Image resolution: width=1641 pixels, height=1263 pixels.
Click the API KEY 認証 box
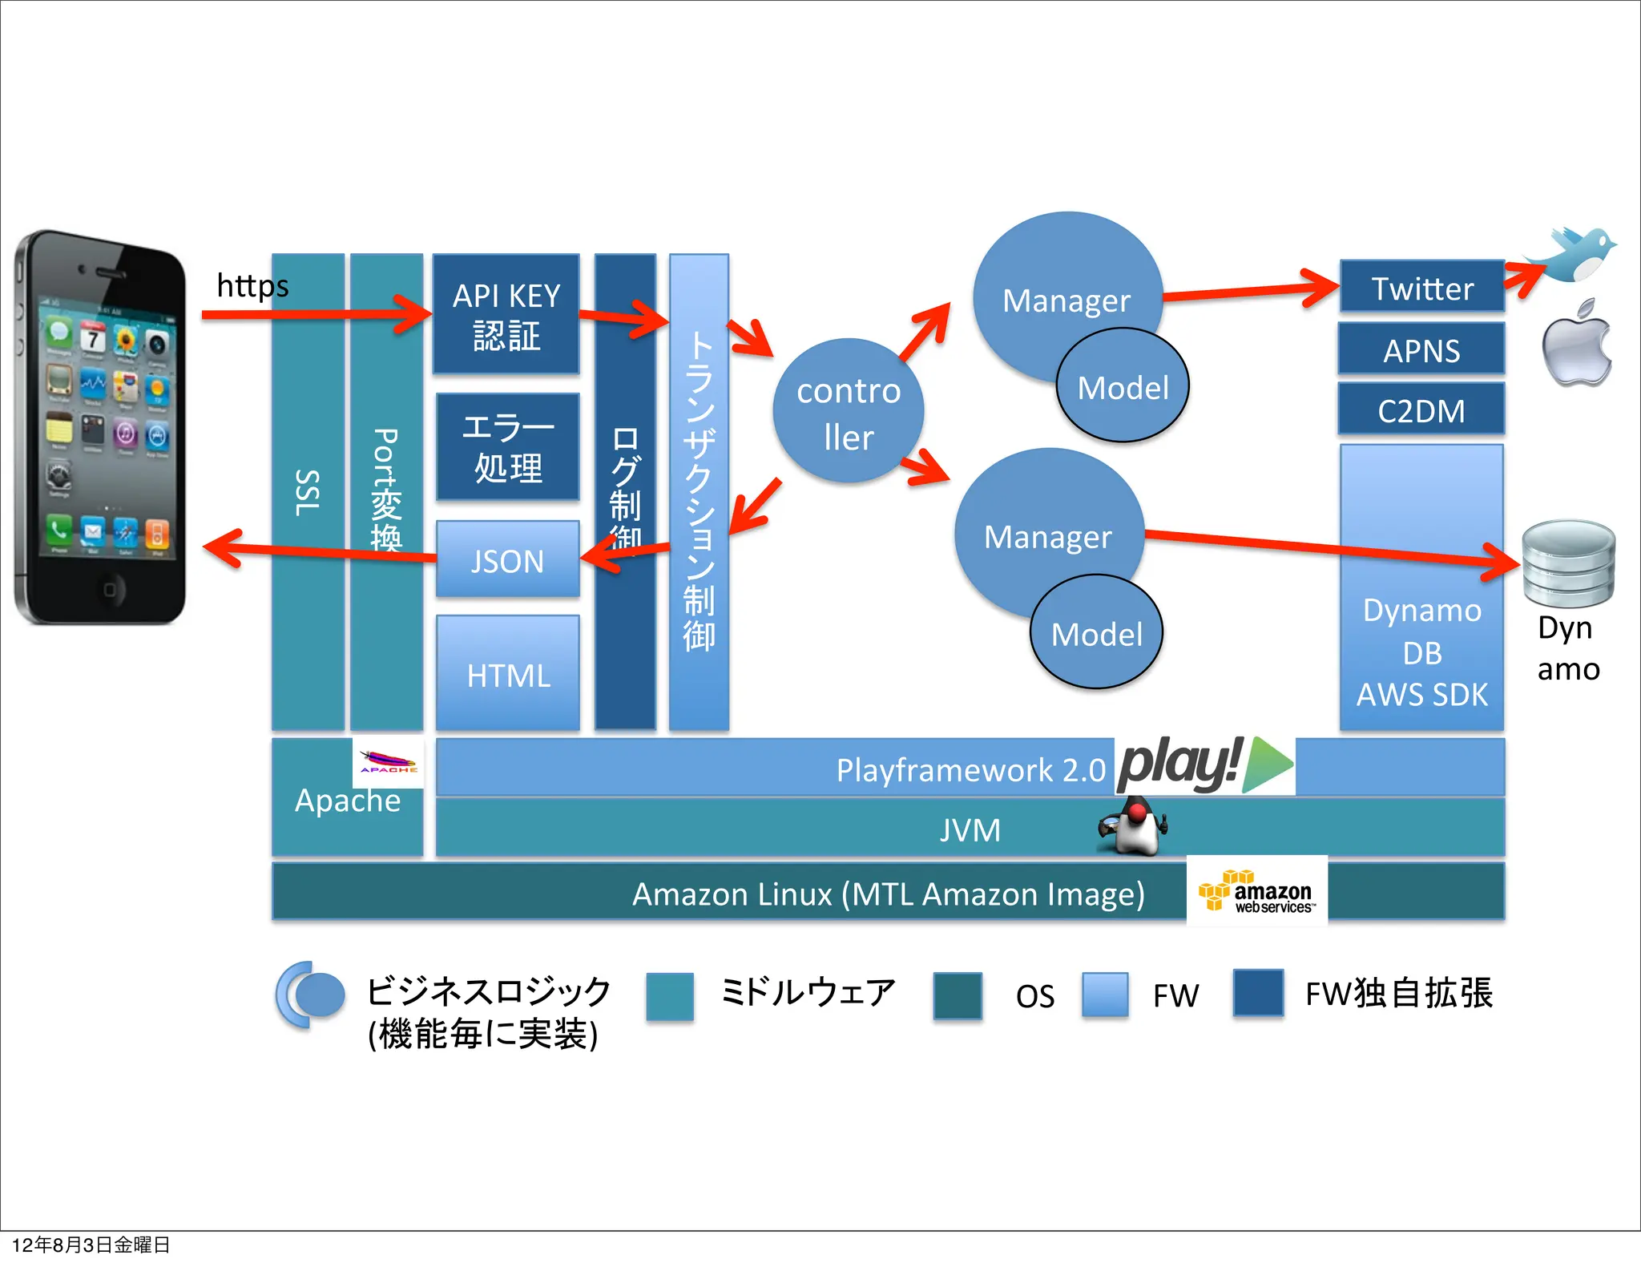point(506,314)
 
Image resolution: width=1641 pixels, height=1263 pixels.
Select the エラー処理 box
point(507,446)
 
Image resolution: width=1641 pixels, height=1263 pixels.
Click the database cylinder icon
point(1568,563)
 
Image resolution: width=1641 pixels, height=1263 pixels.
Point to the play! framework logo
point(1204,765)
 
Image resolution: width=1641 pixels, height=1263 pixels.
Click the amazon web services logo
point(1256,892)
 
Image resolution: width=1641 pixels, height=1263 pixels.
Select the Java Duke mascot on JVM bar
point(1134,826)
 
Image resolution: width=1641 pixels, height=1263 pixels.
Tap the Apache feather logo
point(388,762)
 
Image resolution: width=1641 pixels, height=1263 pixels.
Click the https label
point(252,286)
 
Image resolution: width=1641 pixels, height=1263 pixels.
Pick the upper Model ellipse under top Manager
point(1123,386)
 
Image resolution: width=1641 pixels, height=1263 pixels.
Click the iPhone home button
point(109,589)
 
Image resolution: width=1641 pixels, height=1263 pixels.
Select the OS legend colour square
point(957,995)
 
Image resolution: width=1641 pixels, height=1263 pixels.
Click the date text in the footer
point(91,1245)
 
